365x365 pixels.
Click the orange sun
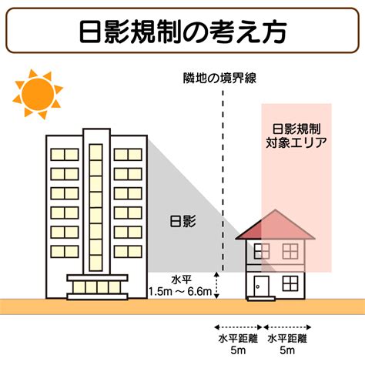(x=38, y=94)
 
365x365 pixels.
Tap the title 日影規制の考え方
(x=182, y=31)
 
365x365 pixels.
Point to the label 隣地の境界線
(x=219, y=78)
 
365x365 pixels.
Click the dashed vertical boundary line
(x=223, y=180)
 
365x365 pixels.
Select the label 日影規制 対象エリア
(x=296, y=136)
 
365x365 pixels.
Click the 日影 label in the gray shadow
(x=183, y=221)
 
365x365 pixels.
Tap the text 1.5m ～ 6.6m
(x=181, y=292)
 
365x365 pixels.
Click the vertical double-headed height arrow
(x=217, y=286)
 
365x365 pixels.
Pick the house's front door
(x=262, y=286)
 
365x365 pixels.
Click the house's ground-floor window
(x=290, y=283)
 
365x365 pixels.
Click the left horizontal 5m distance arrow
(x=238, y=327)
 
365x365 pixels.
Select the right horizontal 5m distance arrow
(x=287, y=327)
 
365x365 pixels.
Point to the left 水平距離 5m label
(x=238, y=344)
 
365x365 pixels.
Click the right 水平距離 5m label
(x=287, y=344)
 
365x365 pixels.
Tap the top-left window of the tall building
(x=65, y=155)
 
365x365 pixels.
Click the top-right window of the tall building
(x=128, y=155)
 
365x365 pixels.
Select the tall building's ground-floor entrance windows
(x=97, y=287)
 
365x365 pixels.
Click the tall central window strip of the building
(x=96, y=207)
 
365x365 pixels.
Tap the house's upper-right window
(x=290, y=251)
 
